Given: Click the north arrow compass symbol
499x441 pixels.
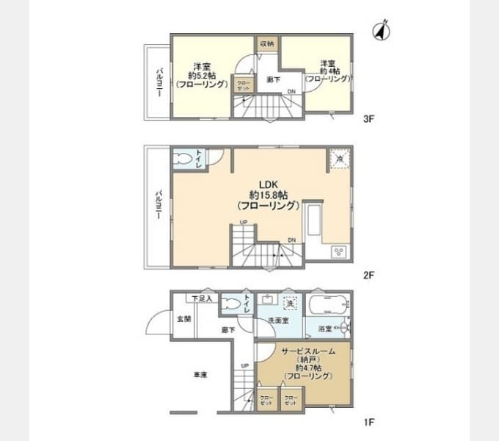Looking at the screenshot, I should [x=380, y=31].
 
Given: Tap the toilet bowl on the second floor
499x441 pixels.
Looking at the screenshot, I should [x=183, y=158].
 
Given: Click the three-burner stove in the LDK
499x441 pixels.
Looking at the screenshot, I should [x=339, y=251].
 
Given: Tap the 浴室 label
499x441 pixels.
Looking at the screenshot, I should [x=325, y=329].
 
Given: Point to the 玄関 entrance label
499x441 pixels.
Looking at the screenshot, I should [x=183, y=319].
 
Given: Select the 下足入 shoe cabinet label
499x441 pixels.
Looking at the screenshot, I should [x=202, y=298].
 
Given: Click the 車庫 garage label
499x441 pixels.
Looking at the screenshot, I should [x=200, y=374].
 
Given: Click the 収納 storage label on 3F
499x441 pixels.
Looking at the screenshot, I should [x=266, y=43].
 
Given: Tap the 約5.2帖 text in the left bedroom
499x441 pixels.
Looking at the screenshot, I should [x=198, y=74].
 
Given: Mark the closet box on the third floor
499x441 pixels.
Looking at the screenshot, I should [x=243, y=85].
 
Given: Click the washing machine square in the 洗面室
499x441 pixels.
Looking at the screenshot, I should [x=291, y=303].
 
